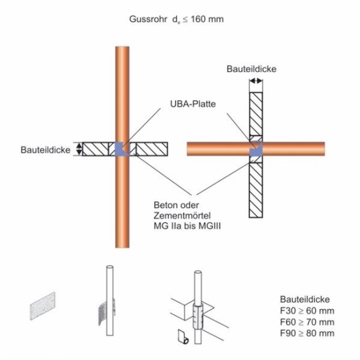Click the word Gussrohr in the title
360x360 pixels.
[148, 19]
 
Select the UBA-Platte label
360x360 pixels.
[193, 104]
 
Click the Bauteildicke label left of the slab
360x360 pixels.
[45, 150]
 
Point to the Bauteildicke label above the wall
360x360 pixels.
[251, 69]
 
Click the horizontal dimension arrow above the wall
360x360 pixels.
[256, 81]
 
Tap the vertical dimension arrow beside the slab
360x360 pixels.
[79, 149]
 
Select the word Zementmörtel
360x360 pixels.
[182, 215]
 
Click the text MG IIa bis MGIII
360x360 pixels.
[187, 226]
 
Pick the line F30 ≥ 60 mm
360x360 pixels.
[307, 311]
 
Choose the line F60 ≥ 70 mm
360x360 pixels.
[307, 322]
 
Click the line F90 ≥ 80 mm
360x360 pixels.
[307, 333]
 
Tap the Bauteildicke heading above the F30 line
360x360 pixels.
[305, 299]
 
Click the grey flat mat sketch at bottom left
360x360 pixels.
[43, 306]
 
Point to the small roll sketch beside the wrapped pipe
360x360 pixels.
[183, 337]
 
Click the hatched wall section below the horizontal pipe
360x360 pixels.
[256, 190]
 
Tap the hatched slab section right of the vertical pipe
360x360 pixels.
[152, 149]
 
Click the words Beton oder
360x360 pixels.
[176, 205]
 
